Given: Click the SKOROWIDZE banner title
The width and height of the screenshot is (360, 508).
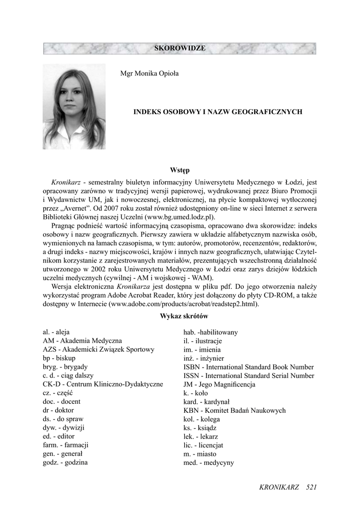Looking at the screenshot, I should (180, 48).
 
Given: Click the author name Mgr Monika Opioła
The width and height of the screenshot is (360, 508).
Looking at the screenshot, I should (149, 73).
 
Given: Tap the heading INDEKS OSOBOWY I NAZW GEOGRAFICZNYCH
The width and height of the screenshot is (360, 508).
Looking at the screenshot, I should (218, 113).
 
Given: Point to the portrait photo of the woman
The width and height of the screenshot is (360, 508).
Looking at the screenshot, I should (74, 106).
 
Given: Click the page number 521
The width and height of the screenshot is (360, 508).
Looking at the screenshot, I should (311, 487).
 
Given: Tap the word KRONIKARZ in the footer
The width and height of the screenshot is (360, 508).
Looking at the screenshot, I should (279, 487).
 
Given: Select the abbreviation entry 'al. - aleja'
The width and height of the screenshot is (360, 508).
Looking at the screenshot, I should (57, 332).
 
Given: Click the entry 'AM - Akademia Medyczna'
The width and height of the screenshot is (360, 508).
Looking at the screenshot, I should (82, 341).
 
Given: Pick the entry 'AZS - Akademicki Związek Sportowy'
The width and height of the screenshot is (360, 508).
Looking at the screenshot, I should (98, 350).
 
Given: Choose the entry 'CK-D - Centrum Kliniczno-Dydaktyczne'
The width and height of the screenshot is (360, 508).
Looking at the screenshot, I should (103, 384).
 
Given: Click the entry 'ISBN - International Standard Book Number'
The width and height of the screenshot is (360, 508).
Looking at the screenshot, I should (248, 367).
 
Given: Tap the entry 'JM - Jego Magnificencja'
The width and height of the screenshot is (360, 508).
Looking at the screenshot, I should (219, 384).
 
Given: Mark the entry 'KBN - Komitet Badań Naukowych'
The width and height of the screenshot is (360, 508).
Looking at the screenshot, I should (234, 410).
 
